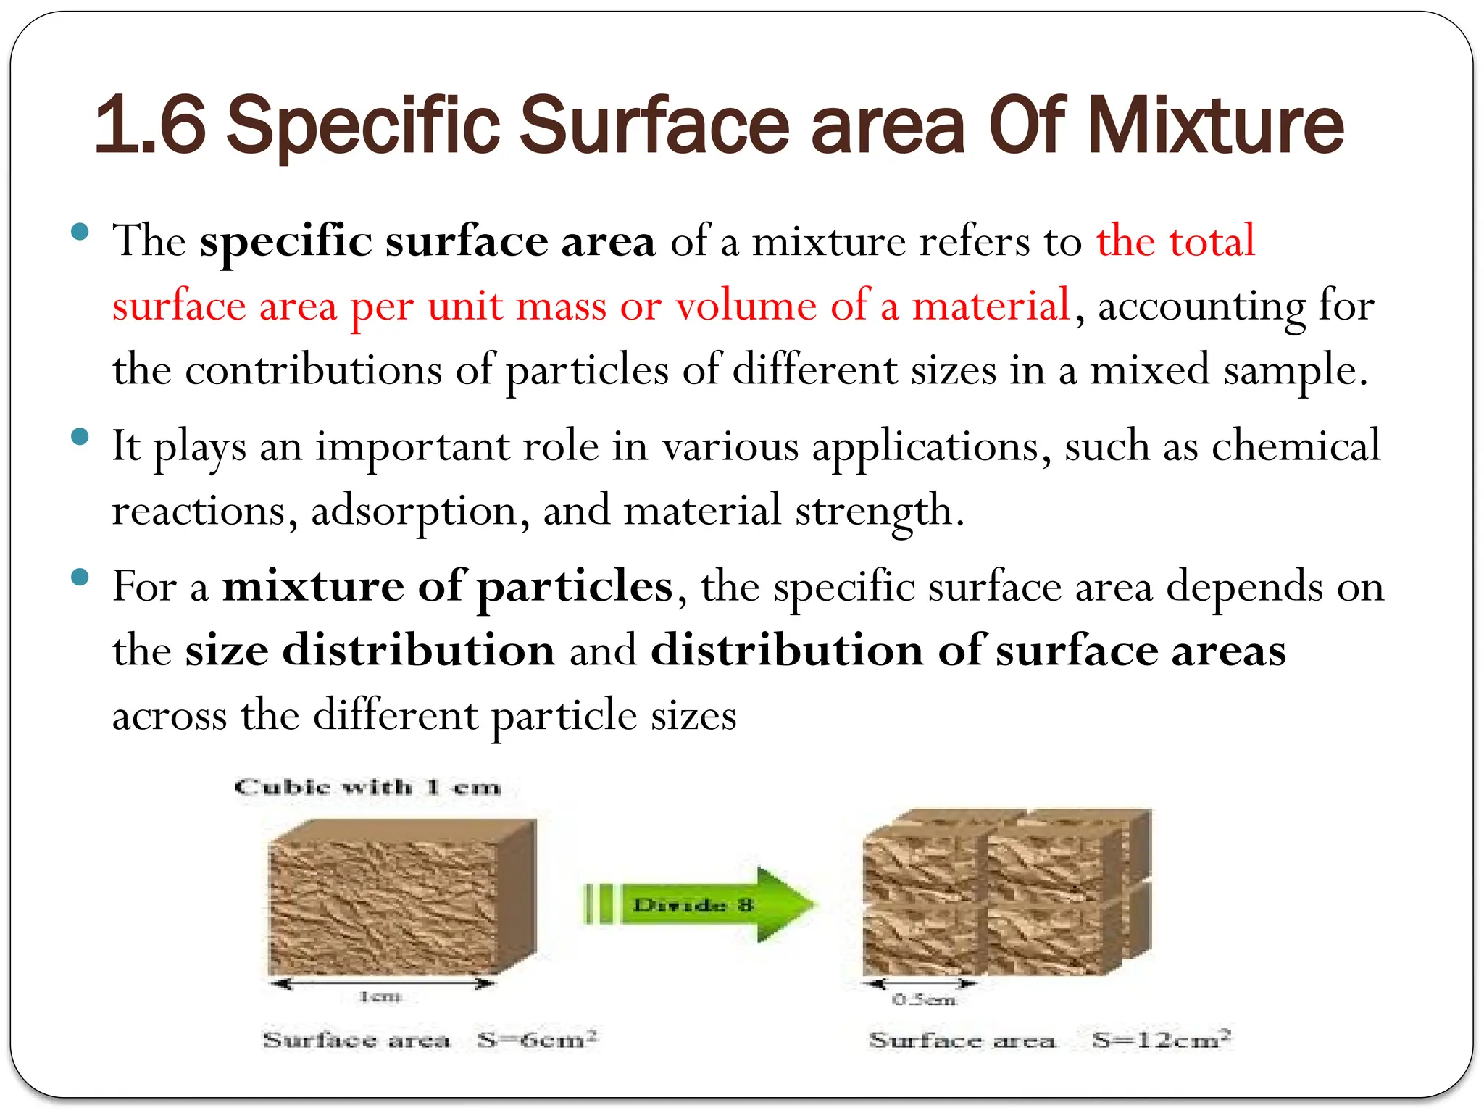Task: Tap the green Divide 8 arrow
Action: click(699, 904)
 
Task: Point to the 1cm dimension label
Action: click(380, 998)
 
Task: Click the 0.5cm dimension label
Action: click(924, 1001)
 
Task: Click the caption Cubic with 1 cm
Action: click(367, 788)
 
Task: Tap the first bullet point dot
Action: click(80, 233)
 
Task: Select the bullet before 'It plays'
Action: click(80, 437)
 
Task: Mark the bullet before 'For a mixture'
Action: click(80, 578)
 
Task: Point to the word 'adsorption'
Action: click(414, 511)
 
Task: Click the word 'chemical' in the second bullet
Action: click(1296, 446)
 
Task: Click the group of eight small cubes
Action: click(1007, 893)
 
